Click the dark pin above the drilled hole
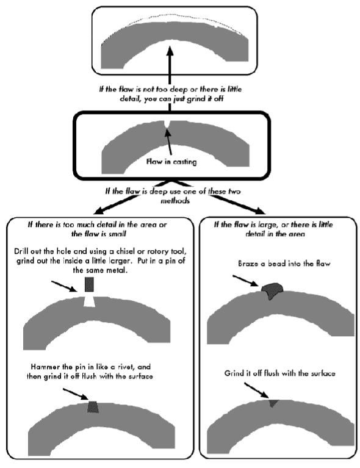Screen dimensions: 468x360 (x=90, y=284)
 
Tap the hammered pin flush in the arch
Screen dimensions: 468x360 (x=93, y=406)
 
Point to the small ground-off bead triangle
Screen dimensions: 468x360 (x=273, y=403)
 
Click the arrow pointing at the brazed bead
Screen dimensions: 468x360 (x=247, y=283)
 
